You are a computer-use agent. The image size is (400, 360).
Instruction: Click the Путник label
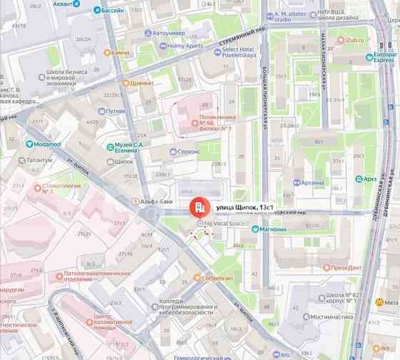coord(116,111)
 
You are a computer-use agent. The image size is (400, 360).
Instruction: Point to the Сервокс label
coord(189,151)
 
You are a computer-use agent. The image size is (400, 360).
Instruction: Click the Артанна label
coord(312,183)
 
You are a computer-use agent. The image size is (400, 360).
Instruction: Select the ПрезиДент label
coord(346,268)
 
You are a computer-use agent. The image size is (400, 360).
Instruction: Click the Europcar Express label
coord(384,56)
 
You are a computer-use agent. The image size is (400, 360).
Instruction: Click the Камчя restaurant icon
coord(107,52)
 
